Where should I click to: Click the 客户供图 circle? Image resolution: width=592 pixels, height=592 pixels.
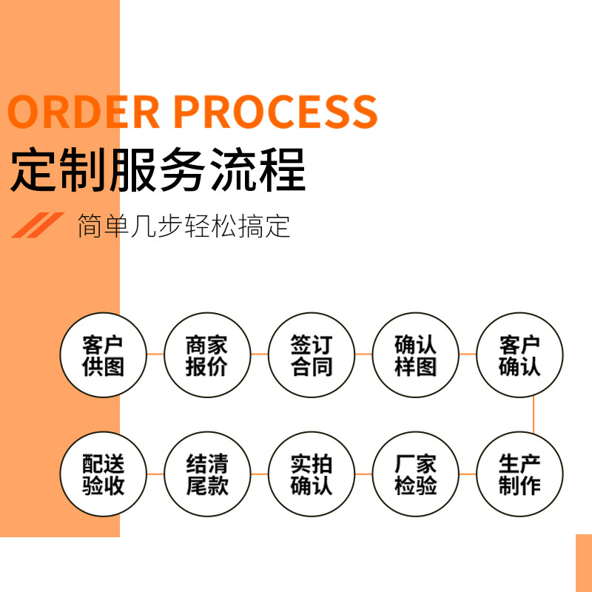pos(104,355)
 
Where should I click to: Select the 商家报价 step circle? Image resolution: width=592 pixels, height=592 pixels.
pos(207,355)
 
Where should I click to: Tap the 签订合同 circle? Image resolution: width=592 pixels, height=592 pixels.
pos(312,355)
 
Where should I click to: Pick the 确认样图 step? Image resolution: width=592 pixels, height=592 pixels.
pos(416,355)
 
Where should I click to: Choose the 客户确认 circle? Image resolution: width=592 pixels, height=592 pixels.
pos(519,355)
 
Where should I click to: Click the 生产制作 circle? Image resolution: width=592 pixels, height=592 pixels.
pos(519,474)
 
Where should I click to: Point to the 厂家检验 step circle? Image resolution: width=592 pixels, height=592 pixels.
pos(416,474)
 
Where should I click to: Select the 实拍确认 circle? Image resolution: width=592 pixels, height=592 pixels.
pos(312,474)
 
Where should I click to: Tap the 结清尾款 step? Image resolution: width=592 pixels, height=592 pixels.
pos(207,474)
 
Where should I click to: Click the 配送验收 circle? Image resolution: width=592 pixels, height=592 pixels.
pos(104,474)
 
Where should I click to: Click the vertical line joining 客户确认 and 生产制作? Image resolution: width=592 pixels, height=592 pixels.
pos(534,414)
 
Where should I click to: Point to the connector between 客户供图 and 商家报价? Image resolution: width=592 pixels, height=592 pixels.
pos(155,354)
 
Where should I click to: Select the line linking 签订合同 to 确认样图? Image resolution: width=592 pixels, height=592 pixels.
pos(363,354)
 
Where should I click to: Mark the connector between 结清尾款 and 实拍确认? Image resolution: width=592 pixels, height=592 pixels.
pos(259,474)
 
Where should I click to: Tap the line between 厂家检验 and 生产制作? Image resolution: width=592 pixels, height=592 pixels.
pos(468,474)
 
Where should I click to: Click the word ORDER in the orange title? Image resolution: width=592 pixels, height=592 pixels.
pos(83,111)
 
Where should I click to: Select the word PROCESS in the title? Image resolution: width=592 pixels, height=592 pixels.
pos(275,111)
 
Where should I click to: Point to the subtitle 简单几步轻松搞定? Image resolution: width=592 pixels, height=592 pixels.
pos(184,226)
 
